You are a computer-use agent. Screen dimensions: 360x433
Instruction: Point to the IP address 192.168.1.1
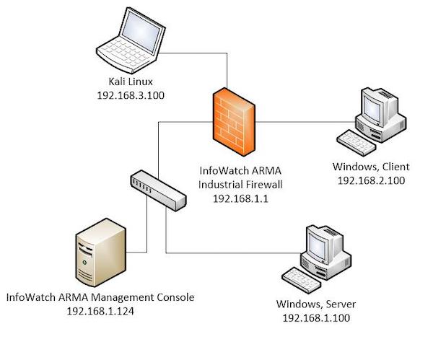tap(241, 197)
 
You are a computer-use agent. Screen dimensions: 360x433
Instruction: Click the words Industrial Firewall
tap(241, 185)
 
